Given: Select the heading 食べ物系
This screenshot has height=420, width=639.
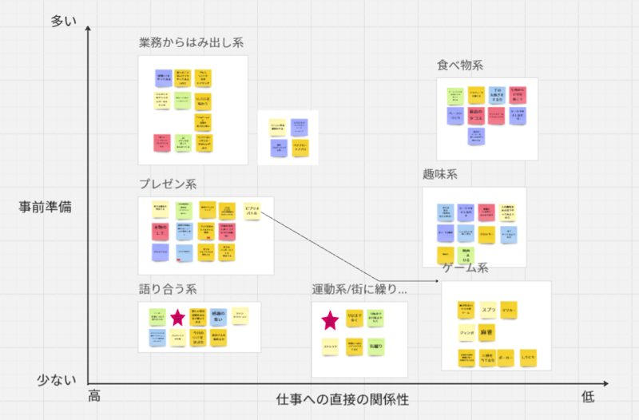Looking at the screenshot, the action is [459, 65].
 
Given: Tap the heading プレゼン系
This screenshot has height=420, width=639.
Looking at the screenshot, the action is [167, 184].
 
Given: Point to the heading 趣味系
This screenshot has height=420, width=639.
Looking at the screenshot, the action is [440, 174].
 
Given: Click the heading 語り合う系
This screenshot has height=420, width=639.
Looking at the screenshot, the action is [167, 289].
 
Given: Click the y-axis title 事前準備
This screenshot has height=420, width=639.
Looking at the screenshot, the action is [46, 207].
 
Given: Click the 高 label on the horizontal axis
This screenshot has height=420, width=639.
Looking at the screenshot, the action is [94, 396].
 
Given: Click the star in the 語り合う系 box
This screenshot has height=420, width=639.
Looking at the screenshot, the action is [177, 317].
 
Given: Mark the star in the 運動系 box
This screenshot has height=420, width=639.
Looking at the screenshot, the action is [330, 321].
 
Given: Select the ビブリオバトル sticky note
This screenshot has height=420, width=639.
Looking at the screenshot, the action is [252, 211].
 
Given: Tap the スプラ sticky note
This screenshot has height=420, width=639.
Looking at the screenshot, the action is [486, 309].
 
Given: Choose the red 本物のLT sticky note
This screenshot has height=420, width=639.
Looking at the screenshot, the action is [159, 231].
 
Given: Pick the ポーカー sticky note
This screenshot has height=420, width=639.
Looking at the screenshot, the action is [506, 358].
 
